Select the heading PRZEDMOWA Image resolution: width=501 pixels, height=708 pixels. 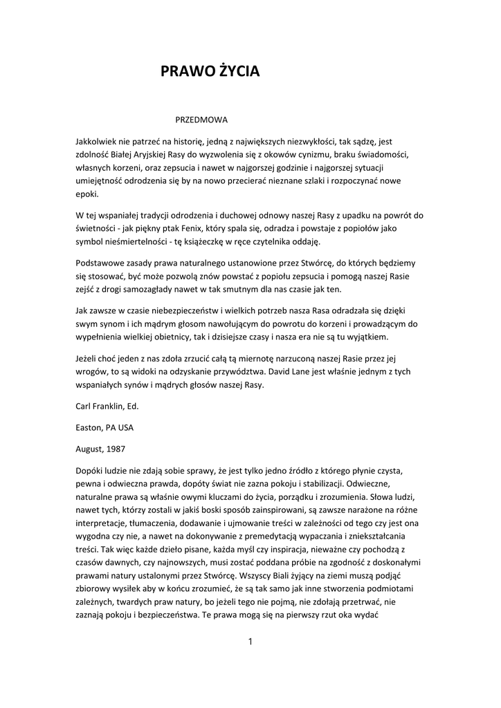[201, 120]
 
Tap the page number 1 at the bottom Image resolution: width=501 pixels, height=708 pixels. [250, 642]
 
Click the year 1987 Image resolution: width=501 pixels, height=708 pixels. [115, 449]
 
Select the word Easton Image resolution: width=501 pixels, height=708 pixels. [91, 427]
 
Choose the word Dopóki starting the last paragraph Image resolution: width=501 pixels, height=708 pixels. [92, 470]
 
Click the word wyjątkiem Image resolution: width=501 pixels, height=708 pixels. [368, 337]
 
